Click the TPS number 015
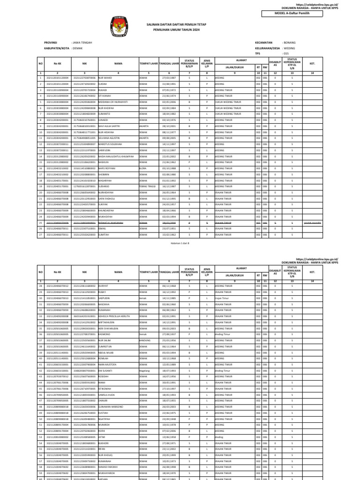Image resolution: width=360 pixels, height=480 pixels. [285, 53]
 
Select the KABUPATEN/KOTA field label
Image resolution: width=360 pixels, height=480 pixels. [57, 48]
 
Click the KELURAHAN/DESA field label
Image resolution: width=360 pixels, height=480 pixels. [268, 48]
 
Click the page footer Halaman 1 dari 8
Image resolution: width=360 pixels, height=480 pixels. [180, 244]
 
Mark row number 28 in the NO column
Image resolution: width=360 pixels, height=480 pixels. [41, 285]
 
